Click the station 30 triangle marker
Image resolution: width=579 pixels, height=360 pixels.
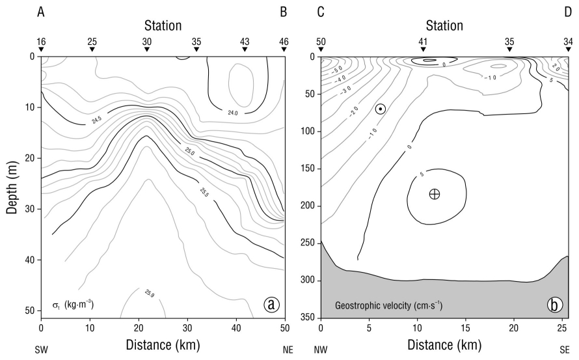pyautogui.click(x=147, y=49)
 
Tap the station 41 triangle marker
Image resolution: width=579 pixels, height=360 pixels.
pyautogui.click(x=423, y=49)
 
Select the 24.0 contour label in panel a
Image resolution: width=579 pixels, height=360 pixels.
pyautogui.click(x=233, y=113)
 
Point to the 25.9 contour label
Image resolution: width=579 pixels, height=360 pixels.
pyautogui.click(x=149, y=294)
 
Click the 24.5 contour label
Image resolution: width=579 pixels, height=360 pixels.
pyautogui.click(x=97, y=119)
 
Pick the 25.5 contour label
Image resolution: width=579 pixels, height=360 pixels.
pyautogui.click(x=204, y=192)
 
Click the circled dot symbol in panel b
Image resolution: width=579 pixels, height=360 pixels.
pyautogui.click(x=381, y=109)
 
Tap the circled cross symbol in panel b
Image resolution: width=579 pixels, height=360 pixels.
pyautogui.click(x=435, y=194)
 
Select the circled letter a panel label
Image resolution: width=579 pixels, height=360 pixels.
pyautogui.click(x=271, y=305)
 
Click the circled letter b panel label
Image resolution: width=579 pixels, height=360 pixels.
pyautogui.click(x=555, y=305)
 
